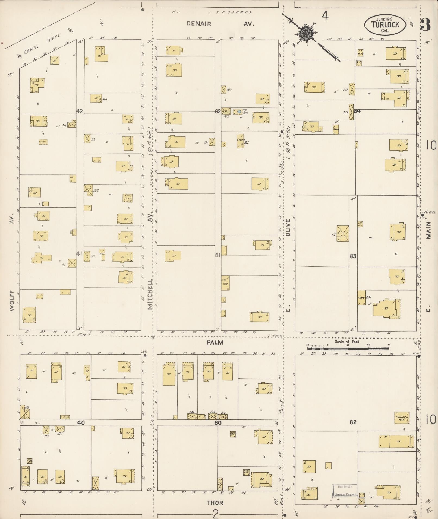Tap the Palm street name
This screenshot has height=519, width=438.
tap(215, 342)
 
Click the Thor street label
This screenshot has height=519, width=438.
tap(215, 503)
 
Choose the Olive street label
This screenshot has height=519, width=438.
tap(288, 228)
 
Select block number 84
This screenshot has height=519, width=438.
tap(357, 111)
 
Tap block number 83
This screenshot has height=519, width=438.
tap(353, 256)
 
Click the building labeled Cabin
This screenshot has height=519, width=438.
tap(240, 141)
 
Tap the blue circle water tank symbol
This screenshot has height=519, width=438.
tap(239, 111)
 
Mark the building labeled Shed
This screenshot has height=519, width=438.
tap(336, 129)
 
